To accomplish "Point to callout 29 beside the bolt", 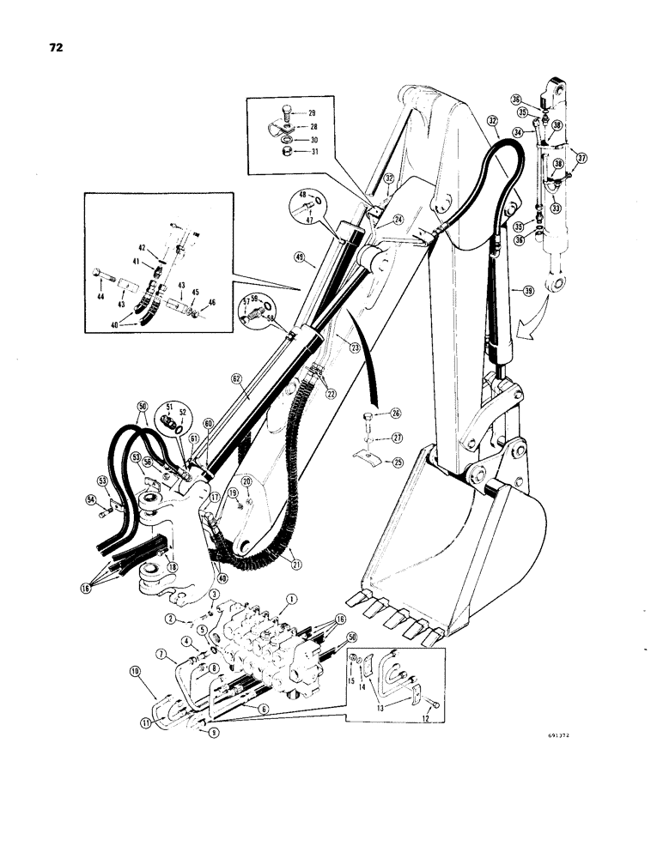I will [311, 113].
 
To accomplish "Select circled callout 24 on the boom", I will [398, 219].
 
